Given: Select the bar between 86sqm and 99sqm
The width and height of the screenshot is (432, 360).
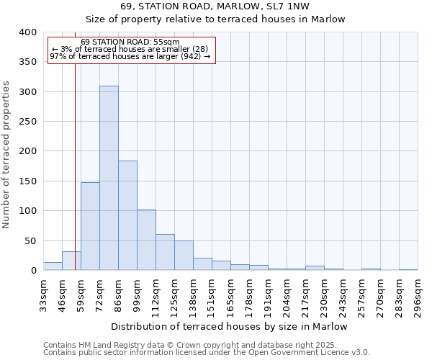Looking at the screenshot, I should pyautogui.click(x=127, y=215).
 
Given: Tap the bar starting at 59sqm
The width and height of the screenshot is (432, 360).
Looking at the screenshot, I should pyautogui.click(x=90, y=226).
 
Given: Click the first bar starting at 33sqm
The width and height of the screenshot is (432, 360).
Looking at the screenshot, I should pyautogui.click(x=53, y=266).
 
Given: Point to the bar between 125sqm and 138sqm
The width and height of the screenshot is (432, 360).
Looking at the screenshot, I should pyautogui.click(x=184, y=256).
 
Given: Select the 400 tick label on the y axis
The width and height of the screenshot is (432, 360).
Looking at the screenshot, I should pyautogui.click(x=27, y=32).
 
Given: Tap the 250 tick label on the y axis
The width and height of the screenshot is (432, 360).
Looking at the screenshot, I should pyautogui.click(x=27, y=122).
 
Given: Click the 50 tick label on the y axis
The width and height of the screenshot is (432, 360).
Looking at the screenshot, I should pyautogui.click(x=30, y=240).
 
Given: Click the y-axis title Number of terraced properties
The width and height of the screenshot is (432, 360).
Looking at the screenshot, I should pyautogui.click(x=7, y=154).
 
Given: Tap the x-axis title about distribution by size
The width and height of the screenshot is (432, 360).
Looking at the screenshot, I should pyautogui.click(x=230, y=326).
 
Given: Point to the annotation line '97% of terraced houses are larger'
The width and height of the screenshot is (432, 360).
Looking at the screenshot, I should pyautogui.click(x=130, y=56).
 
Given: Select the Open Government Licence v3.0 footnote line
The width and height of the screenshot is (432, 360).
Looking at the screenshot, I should pyautogui.click(x=207, y=352).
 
